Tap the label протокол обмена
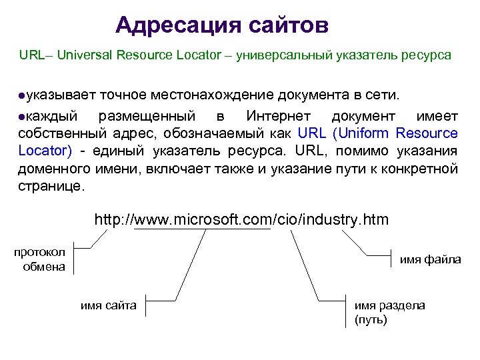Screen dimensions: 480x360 pos(41,259)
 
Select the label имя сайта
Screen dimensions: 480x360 pos(109,305)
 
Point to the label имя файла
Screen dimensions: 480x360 pos(430,259)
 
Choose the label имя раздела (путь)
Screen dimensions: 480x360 pos(389,312)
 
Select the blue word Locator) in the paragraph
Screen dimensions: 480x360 pos(45,151)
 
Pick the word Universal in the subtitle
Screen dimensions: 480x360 pos(83,55)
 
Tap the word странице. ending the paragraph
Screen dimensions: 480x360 pos(52,186)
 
